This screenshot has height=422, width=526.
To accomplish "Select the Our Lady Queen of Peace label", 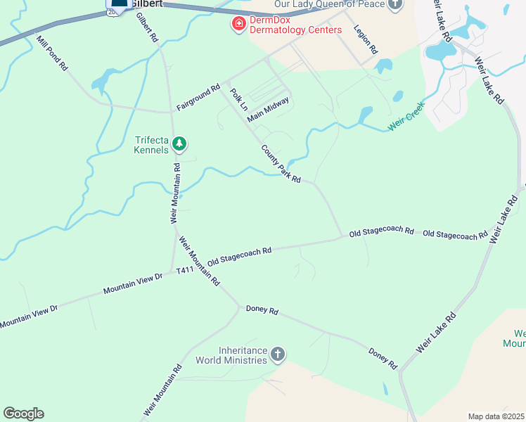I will coord(329,4).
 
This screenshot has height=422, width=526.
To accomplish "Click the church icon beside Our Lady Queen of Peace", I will coord(396,4).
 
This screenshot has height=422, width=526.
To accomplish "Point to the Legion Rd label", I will coord(366,41).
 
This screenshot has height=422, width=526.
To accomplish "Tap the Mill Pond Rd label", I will coord(52,53).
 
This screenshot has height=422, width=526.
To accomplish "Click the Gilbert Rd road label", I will coord(147,27).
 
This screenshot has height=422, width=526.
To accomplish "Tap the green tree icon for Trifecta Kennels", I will coord(180,144).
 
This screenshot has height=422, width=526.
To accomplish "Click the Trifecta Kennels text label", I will coord(152,145).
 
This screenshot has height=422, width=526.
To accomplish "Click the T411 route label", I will coord(185,270).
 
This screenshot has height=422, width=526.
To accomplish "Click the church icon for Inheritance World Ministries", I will coord(278,354).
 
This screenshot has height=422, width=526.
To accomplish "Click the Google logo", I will coord(23,414).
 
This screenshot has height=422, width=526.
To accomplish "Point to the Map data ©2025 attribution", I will coord(496,416).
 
